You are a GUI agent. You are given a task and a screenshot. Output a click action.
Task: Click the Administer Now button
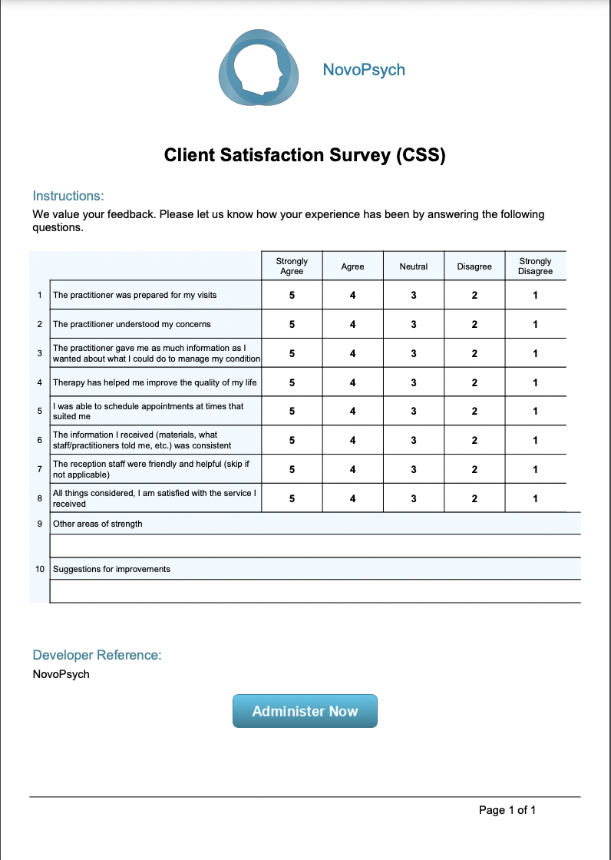pyautogui.click(x=305, y=711)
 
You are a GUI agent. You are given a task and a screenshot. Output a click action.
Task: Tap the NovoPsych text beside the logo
pyautogui.click(x=364, y=70)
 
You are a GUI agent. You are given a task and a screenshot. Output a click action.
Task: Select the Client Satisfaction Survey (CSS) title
pyautogui.click(x=305, y=155)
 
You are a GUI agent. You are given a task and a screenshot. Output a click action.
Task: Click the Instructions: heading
pyautogui.click(x=68, y=196)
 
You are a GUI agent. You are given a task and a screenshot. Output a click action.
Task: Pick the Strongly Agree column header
pyautogui.click(x=292, y=266)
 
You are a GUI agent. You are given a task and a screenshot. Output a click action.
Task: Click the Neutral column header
pyautogui.click(x=414, y=266)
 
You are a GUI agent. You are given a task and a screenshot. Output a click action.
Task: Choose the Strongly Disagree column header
pyautogui.click(x=535, y=266)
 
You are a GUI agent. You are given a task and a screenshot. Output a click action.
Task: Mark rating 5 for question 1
pyautogui.click(x=292, y=296)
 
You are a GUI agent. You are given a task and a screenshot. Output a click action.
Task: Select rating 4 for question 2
pyautogui.click(x=352, y=324)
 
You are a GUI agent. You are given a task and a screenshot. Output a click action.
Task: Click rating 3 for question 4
pyautogui.click(x=414, y=382)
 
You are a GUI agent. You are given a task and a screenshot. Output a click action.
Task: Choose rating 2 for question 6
pyautogui.click(x=474, y=440)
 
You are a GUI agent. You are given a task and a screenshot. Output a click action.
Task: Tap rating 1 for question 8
pyautogui.click(x=535, y=498)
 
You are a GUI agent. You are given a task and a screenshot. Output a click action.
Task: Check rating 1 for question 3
pyautogui.click(x=535, y=353)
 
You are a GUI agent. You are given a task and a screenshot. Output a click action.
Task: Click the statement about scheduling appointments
pyautogui.click(x=148, y=411)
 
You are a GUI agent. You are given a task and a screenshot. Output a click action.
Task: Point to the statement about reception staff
pyautogui.click(x=150, y=469)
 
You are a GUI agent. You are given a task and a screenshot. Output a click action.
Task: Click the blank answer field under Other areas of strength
pyautogui.click(x=315, y=545)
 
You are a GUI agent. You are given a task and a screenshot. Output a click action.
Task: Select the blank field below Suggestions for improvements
pyautogui.click(x=315, y=591)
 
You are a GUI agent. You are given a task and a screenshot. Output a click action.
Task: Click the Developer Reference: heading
pyautogui.click(x=97, y=655)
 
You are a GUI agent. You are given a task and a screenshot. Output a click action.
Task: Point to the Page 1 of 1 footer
pyautogui.click(x=507, y=810)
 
